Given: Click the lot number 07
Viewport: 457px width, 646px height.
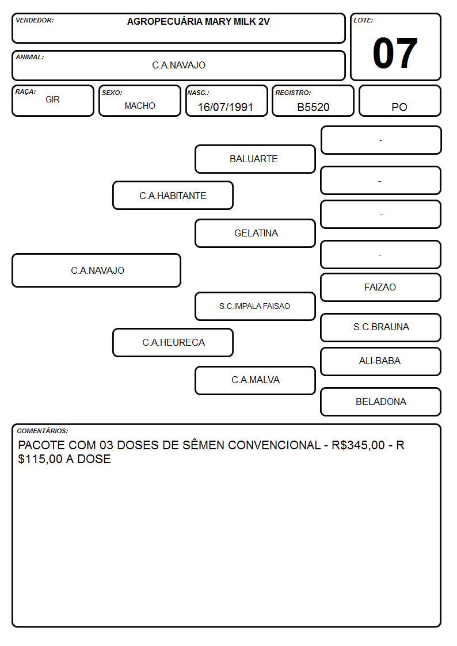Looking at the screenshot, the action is (395, 53).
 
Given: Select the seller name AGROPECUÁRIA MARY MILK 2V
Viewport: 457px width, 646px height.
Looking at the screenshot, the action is (198, 22).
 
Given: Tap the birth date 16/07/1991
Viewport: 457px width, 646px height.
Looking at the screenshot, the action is (226, 107).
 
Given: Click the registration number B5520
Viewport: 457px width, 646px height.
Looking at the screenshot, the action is (313, 107).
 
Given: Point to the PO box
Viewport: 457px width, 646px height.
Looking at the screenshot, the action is (399, 101).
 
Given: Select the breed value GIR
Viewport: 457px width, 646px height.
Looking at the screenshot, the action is (53, 100).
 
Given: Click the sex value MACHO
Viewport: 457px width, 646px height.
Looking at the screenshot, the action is (140, 106).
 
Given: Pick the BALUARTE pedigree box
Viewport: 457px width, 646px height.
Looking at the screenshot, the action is (255, 159).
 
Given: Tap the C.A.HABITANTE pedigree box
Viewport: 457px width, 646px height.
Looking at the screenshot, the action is (173, 196).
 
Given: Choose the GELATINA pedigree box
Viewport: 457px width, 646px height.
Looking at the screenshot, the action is (255, 233).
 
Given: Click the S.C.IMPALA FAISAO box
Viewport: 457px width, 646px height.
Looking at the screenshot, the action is (255, 306).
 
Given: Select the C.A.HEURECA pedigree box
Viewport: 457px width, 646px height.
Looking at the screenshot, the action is (173, 342).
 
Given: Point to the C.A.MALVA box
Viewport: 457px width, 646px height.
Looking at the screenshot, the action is (255, 380).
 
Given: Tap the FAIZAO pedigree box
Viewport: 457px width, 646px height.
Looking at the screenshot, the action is (381, 287).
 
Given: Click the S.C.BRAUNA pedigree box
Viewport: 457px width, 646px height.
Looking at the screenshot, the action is (381, 327).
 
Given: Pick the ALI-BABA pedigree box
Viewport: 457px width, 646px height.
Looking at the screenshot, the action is (381, 361).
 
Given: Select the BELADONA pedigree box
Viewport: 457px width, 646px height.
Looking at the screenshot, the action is (381, 402).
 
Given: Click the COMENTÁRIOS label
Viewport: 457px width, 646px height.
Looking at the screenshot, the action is (43, 431).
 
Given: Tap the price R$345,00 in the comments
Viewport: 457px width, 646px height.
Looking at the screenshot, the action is (358, 445).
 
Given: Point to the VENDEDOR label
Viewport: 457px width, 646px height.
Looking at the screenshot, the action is (35, 20).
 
